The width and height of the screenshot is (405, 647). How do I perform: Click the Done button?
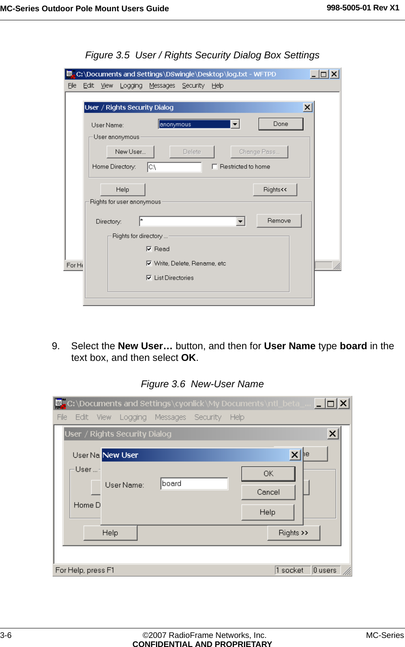tap(281, 124)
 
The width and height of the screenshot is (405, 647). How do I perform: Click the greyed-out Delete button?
tap(192, 152)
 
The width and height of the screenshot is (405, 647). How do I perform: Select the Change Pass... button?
tap(259, 152)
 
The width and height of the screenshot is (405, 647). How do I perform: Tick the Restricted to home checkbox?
tap(215, 166)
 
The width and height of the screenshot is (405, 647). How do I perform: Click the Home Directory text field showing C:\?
tap(174, 167)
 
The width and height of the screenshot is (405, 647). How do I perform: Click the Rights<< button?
tap(275, 190)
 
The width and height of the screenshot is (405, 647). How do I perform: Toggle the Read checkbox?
tap(149, 249)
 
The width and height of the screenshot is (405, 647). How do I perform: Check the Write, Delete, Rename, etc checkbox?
tap(149, 263)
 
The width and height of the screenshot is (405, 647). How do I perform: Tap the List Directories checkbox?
tap(149, 278)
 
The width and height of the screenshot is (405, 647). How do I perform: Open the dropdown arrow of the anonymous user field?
tap(235, 124)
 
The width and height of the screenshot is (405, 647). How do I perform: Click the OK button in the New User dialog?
tap(268, 474)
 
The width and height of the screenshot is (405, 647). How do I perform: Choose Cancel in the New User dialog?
tap(268, 492)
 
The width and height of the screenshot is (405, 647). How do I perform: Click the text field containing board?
tap(194, 484)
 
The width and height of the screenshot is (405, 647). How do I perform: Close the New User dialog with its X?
tap(295, 455)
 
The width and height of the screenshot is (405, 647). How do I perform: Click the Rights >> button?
tap(294, 533)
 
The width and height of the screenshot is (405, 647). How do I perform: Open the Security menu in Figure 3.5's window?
tap(193, 86)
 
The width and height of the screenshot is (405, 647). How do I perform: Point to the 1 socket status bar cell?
tap(292, 570)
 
